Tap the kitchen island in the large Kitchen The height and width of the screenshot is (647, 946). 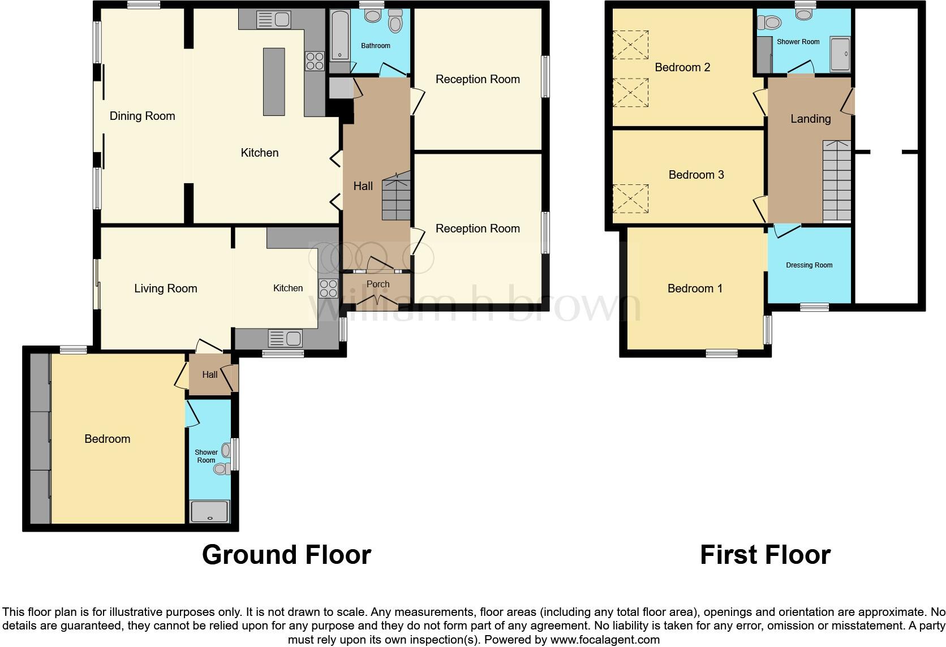tap(274, 82)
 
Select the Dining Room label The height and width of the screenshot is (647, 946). tap(142, 116)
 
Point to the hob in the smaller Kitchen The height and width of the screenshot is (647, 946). tap(328, 288)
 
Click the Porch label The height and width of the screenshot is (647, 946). tap(378, 284)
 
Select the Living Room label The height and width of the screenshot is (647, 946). tap(166, 288)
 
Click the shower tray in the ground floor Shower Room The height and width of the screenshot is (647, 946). tap(210, 511)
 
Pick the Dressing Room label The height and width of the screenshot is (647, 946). tap(809, 265)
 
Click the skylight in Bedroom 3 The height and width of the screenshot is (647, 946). tap(630, 198)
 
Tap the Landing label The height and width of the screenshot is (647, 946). tap(810, 119)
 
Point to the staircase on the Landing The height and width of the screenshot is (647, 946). tap(837, 181)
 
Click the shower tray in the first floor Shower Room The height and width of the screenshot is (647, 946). tap(840, 54)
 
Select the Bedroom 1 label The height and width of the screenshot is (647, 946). tap(695, 288)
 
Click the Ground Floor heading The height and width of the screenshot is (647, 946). tap(286, 555)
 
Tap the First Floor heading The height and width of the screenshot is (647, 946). tap(765, 555)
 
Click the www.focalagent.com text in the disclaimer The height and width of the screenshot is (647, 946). tap(605, 640)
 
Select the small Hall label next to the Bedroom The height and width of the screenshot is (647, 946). tap(209, 374)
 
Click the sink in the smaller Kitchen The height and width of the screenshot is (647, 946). tap(285, 339)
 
